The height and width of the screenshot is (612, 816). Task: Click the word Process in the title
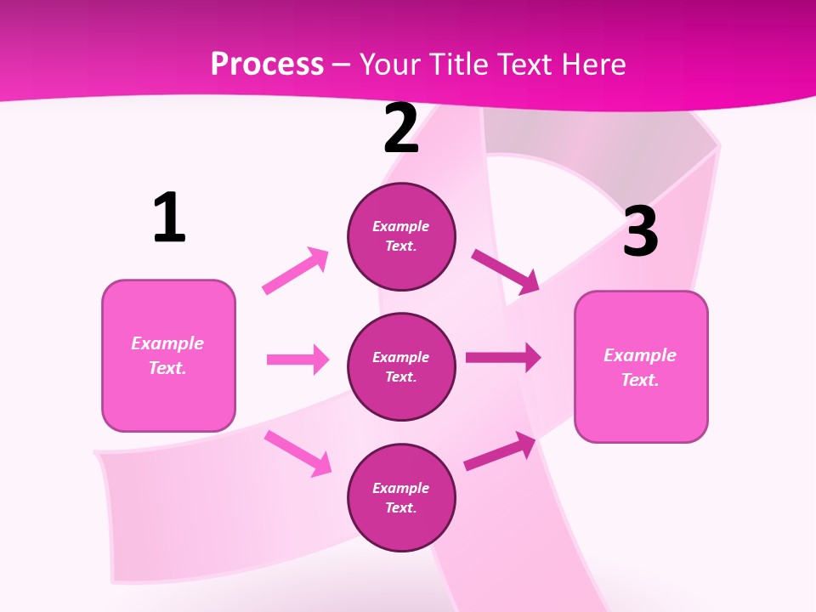coord(267,65)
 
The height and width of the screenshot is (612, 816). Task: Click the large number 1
coord(169,218)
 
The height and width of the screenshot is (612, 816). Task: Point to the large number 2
coord(401,128)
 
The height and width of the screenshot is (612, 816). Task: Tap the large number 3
coord(640,232)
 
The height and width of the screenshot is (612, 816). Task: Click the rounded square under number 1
coord(168,355)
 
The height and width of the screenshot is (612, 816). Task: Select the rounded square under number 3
coord(641,366)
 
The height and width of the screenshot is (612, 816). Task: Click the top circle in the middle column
coord(401,236)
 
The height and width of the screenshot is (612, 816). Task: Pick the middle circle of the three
coord(401,366)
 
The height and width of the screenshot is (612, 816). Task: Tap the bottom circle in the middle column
coord(401,497)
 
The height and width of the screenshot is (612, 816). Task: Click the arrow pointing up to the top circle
coord(296,270)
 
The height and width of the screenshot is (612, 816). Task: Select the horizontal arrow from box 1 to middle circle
coord(297,360)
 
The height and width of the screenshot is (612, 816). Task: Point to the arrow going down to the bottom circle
coord(297,453)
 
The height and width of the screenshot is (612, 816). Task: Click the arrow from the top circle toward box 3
coord(506,271)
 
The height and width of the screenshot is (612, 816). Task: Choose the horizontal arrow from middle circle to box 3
coord(503,357)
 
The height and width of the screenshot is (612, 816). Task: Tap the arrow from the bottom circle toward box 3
coord(500,451)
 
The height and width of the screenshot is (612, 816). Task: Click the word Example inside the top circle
coord(401,226)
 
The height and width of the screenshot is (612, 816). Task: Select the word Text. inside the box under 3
coord(640,380)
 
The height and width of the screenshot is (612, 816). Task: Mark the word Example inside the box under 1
coord(167,343)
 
